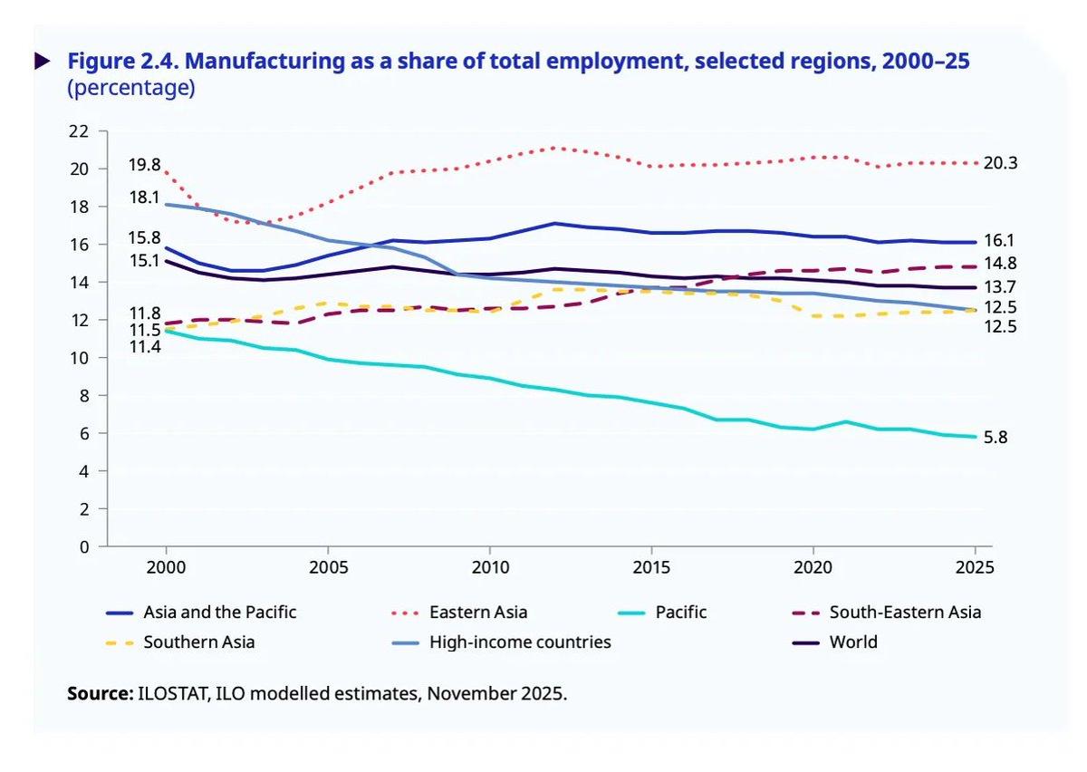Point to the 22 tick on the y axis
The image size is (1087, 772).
(x=79, y=131)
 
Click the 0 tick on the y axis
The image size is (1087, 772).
(x=84, y=547)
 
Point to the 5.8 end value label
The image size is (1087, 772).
(x=996, y=438)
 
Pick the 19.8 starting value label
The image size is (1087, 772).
(x=144, y=165)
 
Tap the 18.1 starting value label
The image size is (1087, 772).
(x=144, y=197)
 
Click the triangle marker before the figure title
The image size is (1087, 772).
(x=42, y=62)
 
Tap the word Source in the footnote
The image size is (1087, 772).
(x=100, y=695)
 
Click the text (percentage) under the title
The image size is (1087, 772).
(x=130, y=89)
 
